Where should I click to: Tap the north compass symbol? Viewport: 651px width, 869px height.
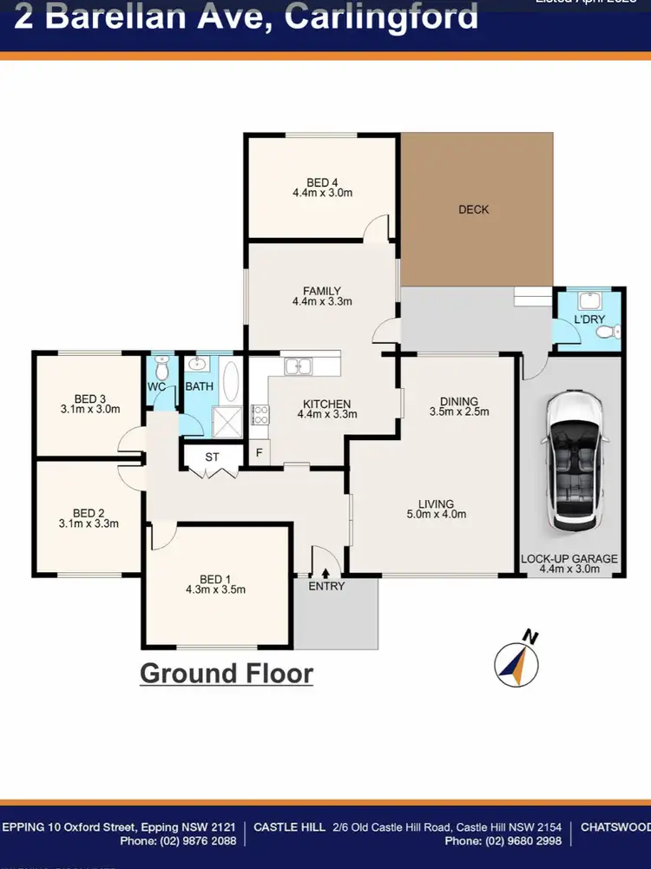click(516, 661)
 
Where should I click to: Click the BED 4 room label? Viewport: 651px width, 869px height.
click(322, 182)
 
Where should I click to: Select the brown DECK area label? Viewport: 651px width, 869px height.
click(474, 209)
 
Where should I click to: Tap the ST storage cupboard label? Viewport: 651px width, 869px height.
click(212, 457)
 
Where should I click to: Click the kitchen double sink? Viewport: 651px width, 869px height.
click(299, 367)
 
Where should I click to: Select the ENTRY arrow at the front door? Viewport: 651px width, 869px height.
click(325, 572)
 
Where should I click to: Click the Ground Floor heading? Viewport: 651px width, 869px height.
click(226, 673)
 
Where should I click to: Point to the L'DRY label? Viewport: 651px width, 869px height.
click(589, 319)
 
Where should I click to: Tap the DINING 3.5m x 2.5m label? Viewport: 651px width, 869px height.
click(459, 406)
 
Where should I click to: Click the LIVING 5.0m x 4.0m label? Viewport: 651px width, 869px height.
click(437, 507)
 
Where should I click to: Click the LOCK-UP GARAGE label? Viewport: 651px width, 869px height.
click(569, 559)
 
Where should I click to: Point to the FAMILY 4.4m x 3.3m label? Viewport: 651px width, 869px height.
click(322, 296)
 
